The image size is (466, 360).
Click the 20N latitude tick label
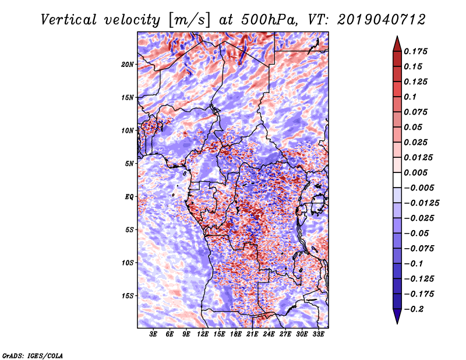point(128,64)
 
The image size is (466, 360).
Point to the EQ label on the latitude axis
point(129,196)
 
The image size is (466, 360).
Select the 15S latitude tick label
point(128,295)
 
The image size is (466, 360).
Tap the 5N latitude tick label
point(129,163)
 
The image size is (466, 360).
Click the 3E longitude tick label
point(154,334)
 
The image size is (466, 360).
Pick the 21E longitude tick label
point(253,334)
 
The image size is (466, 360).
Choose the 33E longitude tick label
point(319,334)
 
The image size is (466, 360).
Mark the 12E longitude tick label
point(203,334)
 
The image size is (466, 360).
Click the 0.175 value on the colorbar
point(417,51)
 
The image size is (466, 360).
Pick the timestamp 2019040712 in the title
point(370,19)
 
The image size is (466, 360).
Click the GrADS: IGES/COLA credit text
point(32,355)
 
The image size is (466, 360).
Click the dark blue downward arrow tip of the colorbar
point(396,319)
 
